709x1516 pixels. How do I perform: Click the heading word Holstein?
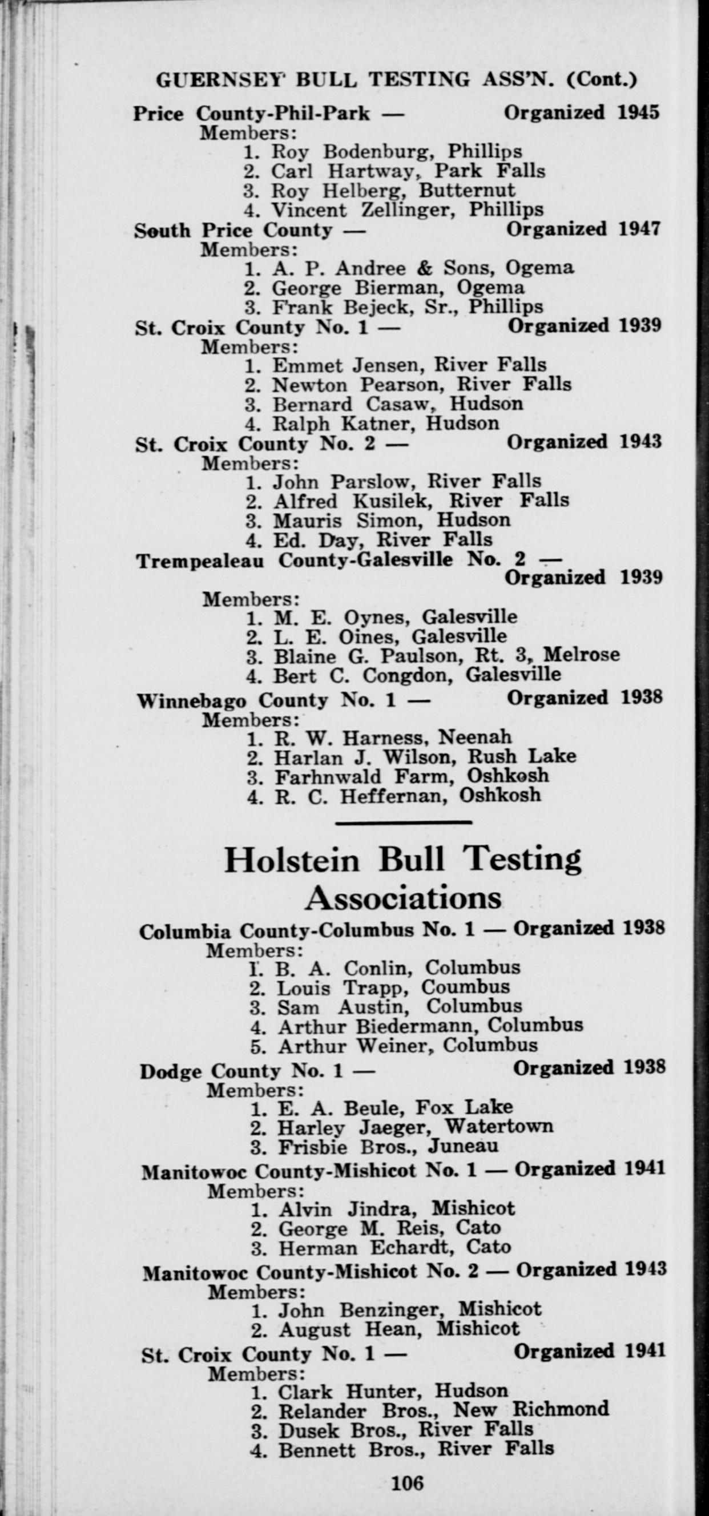tap(291, 861)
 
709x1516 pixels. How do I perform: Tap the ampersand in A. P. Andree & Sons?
tap(424, 268)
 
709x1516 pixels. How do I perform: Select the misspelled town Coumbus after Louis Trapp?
tap(465, 987)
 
